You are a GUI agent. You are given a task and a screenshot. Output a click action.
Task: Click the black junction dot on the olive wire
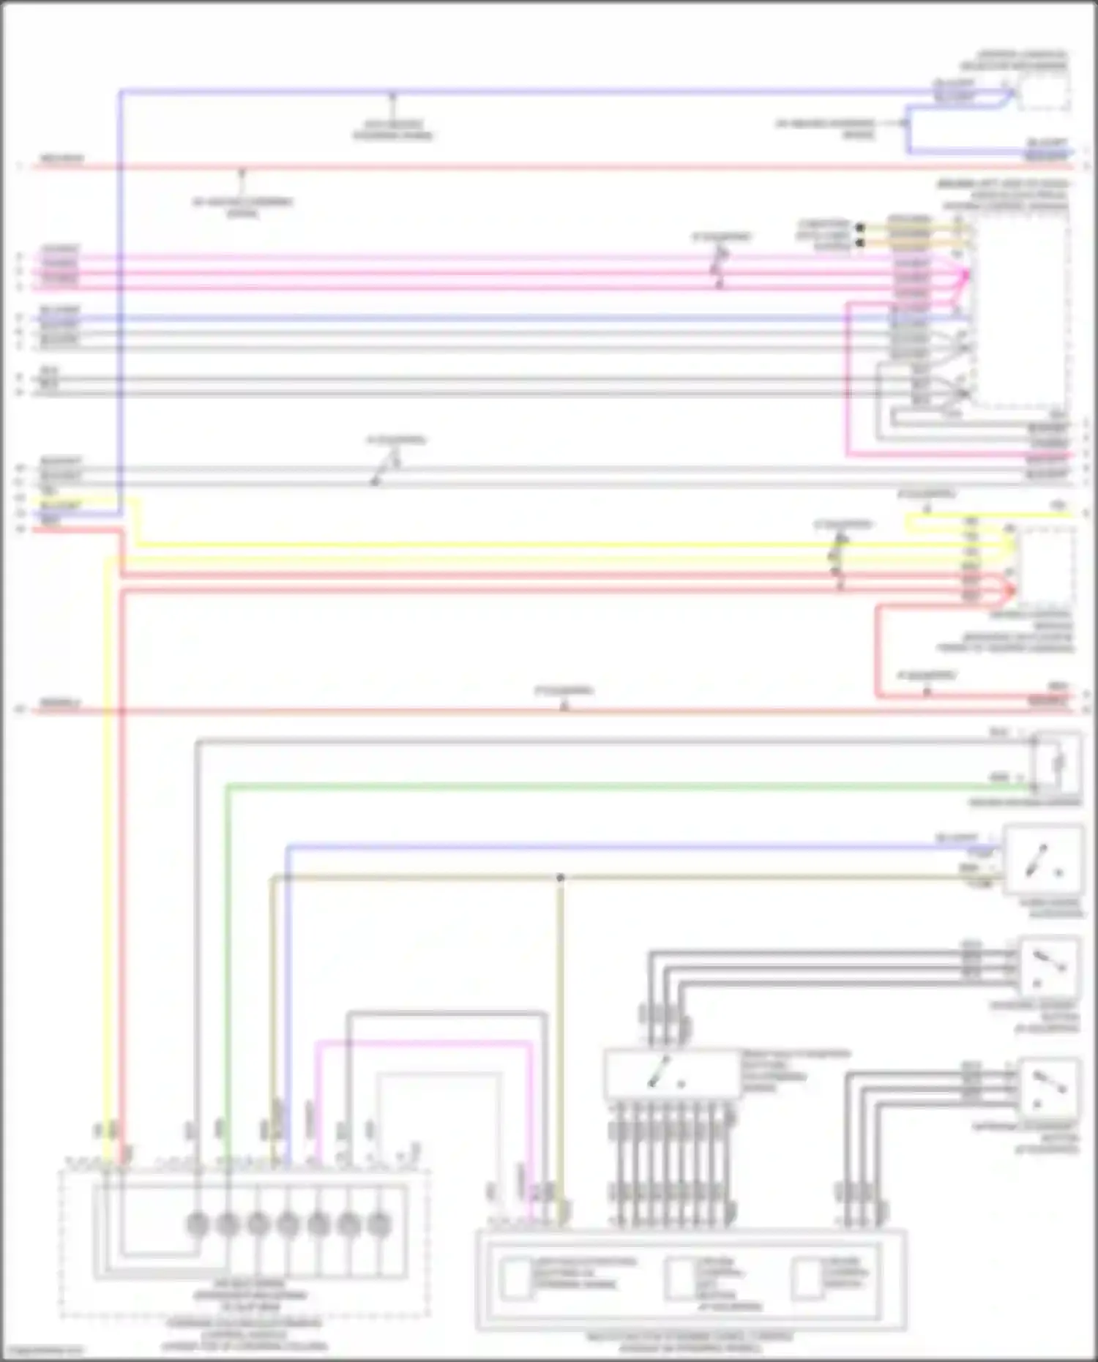pos(560,878)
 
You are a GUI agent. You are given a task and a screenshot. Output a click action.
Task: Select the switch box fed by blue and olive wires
pos(1043,860)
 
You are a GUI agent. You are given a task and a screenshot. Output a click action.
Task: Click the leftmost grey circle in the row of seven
pos(198,1224)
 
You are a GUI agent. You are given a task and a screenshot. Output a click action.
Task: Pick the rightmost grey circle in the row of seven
pos(378,1224)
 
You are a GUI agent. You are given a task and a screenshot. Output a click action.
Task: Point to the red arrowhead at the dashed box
pos(1012,589)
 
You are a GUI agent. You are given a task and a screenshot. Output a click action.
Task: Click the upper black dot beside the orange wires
pos(861,228)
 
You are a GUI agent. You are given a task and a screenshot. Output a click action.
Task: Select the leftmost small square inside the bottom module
pos(517,1279)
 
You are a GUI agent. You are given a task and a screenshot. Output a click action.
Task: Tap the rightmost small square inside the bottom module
pos(807,1279)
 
